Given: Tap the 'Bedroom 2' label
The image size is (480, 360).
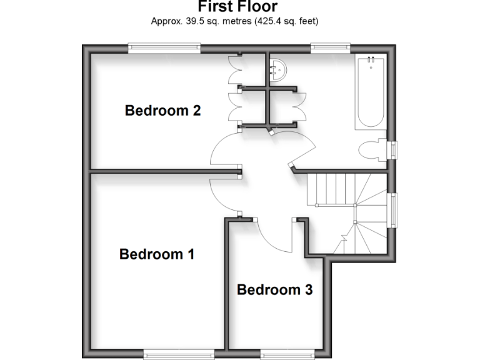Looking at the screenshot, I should [162, 111].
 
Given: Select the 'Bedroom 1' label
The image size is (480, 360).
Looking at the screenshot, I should [157, 254].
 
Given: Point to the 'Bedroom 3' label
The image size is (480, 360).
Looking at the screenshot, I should [274, 290].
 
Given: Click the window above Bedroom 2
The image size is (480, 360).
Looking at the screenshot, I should [164, 46].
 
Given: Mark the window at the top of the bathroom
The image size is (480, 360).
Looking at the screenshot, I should [330, 46].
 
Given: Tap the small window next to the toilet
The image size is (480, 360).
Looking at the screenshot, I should [393, 151].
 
